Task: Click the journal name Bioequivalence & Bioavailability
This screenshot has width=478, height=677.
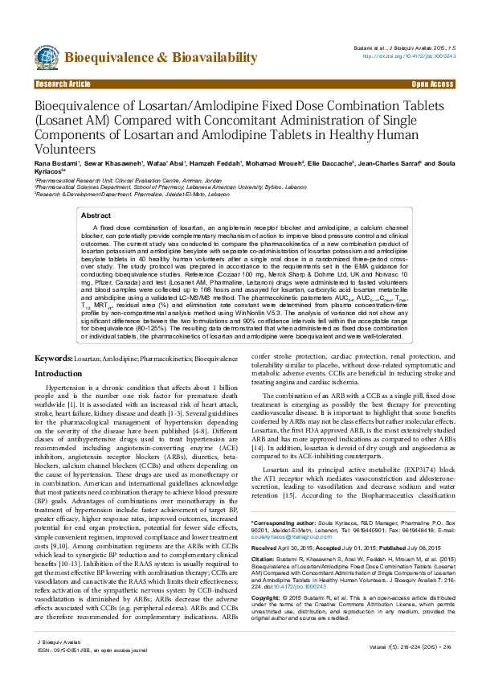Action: click(x=161, y=57)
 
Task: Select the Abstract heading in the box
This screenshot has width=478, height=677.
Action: click(x=96, y=215)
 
